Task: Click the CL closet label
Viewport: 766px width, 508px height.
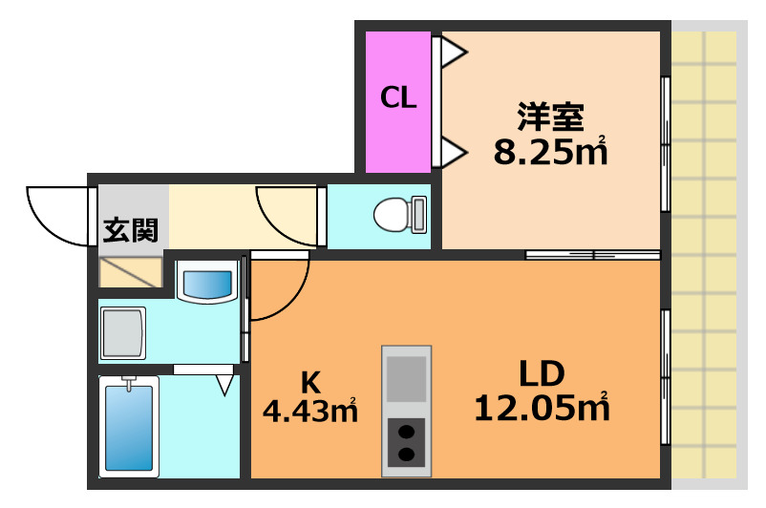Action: pyautogui.click(x=398, y=97)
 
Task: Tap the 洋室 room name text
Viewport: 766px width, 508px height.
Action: pyautogui.click(x=550, y=118)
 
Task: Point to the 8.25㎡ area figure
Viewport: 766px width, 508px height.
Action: pyautogui.click(x=550, y=151)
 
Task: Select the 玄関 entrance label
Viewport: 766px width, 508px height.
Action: pyautogui.click(x=131, y=230)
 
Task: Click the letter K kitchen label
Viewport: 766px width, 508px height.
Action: pyautogui.click(x=309, y=382)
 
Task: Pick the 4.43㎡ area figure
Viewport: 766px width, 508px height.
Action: pyautogui.click(x=309, y=413)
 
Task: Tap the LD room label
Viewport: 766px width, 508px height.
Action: pyautogui.click(x=542, y=373)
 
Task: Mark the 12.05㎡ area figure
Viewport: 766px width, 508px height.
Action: pyautogui.click(x=542, y=409)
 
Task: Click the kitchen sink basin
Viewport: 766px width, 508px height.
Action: pyautogui.click(x=407, y=378)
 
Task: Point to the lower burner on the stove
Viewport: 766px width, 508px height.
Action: pyautogui.click(x=407, y=455)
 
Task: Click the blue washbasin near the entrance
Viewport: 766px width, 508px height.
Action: pyautogui.click(x=207, y=284)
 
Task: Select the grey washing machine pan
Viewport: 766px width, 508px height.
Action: pyautogui.click(x=123, y=333)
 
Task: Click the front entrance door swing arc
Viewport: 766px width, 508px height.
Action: pyautogui.click(x=53, y=215)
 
